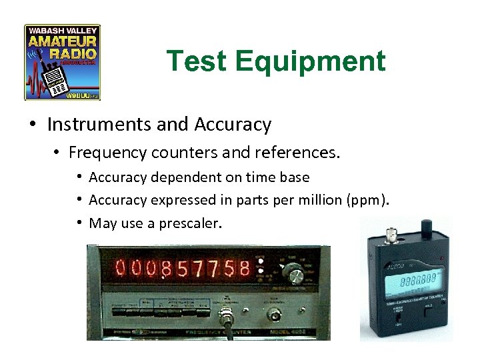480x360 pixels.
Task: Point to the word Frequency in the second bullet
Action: pyautogui.click(x=116, y=153)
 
